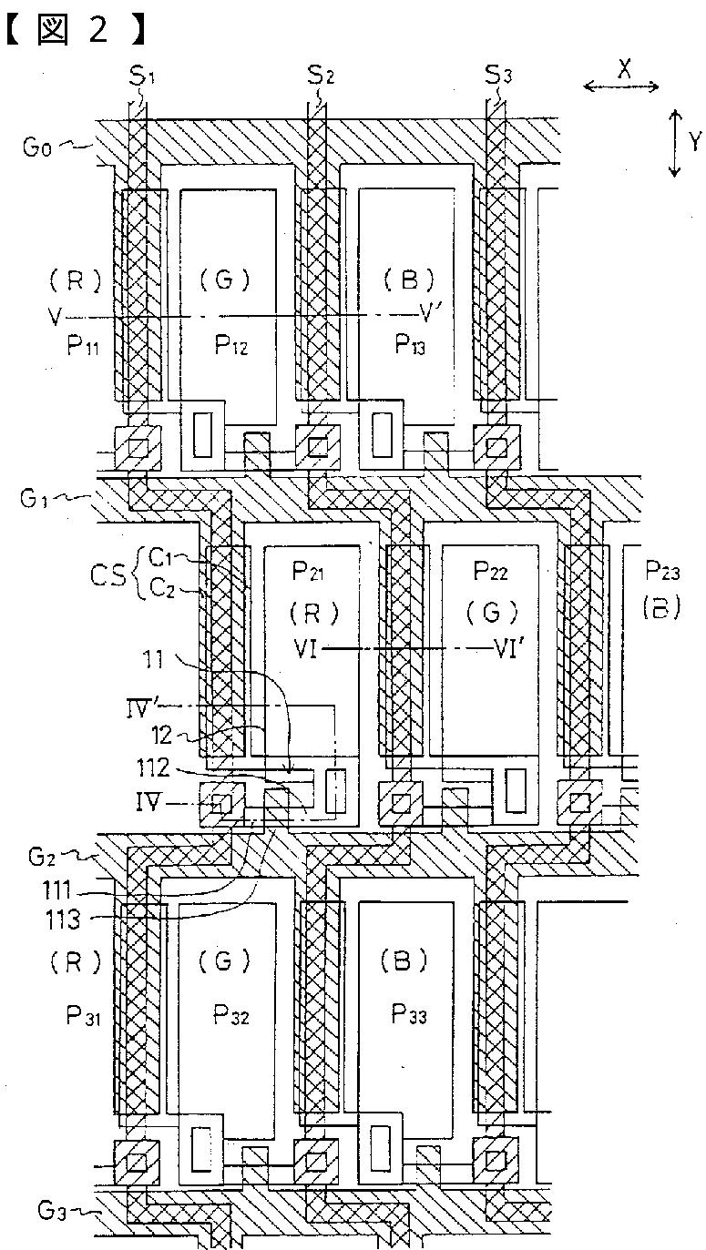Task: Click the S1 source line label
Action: [141, 76]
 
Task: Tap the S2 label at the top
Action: [321, 75]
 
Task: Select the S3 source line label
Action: [497, 75]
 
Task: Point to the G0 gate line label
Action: [36, 147]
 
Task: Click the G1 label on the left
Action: [34, 498]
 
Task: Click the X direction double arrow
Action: [620, 86]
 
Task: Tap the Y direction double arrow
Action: [675, 144]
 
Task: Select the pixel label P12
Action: [231, 346]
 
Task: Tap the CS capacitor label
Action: [109, 574]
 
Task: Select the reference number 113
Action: [63, 920]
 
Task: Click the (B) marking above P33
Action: [404, 960]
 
